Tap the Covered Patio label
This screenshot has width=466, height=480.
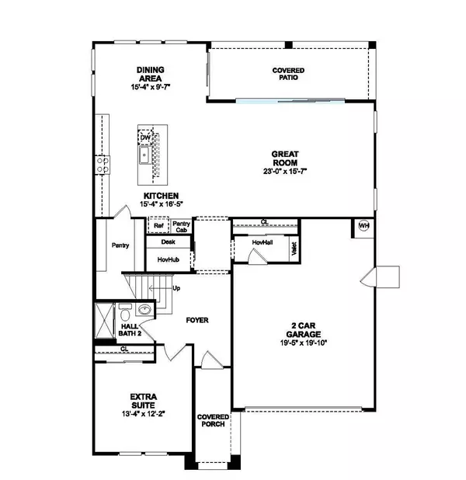(x=287, y=75)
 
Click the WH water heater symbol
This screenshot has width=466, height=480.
(x=363, y=226)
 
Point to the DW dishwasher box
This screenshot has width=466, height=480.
(x=145, y=138)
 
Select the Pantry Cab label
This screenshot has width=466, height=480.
(x=182, y=227)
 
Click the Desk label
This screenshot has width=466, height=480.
(x=169, y=242)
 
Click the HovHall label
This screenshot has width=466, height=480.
(x=262, y=242)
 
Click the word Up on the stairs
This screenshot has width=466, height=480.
(x=176, y=288)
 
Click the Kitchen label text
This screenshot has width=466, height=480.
(x=160, y=196)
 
